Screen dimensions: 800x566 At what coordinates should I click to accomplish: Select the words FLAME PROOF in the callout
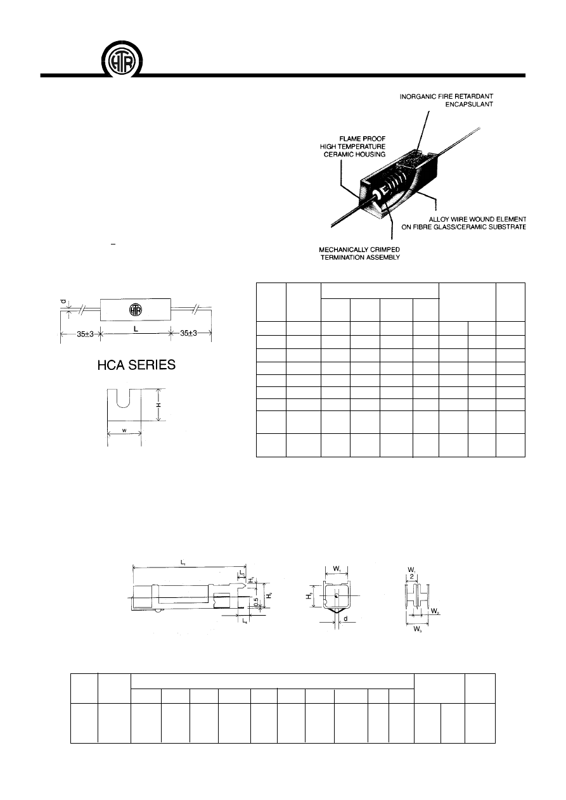point(363,137)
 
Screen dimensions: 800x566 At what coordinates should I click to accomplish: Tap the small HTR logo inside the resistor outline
point(135,310)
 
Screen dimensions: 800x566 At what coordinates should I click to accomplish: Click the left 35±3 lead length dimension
point(80,334)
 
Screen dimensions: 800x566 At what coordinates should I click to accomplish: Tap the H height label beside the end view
point(160,403)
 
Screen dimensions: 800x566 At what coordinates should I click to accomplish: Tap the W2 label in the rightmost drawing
point(435,612)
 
